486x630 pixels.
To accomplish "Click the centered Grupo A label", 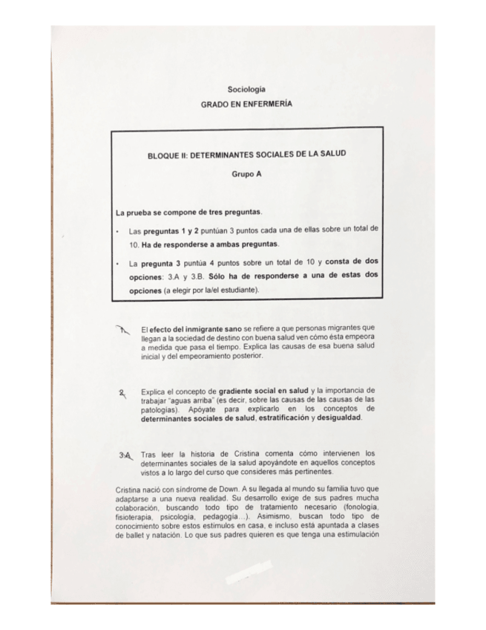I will (x=246, y=177).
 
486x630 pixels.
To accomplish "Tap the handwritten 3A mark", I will (x=124, y=455).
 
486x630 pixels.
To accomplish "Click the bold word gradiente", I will (x=237, y=391).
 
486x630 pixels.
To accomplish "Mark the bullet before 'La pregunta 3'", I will (x=118, y=262).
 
